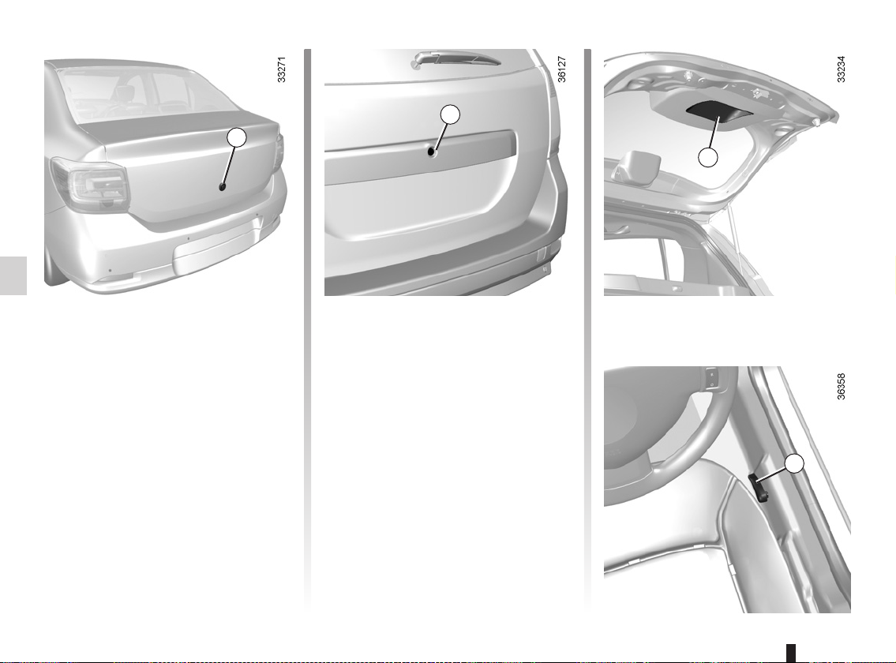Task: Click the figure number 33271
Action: tap(281, 69)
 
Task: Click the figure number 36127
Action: tap(561, 69)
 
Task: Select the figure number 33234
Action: tap(841, 69)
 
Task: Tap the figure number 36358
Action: tap(841, 387)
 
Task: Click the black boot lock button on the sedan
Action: tap(223, 186)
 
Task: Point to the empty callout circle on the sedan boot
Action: tap(237, 138)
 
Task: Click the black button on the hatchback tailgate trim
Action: tap(432, 152)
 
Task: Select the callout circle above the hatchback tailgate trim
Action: tap(450, 115)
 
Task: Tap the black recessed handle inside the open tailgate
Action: tap(718, 110)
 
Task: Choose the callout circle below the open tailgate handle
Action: tap(708, 157)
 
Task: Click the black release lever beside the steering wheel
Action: tap(759, 487)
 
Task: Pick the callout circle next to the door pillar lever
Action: tap(793, 463)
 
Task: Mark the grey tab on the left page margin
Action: tap(13, 275)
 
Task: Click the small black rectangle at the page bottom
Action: tap(791, 653)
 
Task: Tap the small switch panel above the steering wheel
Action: tap(711, 377)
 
